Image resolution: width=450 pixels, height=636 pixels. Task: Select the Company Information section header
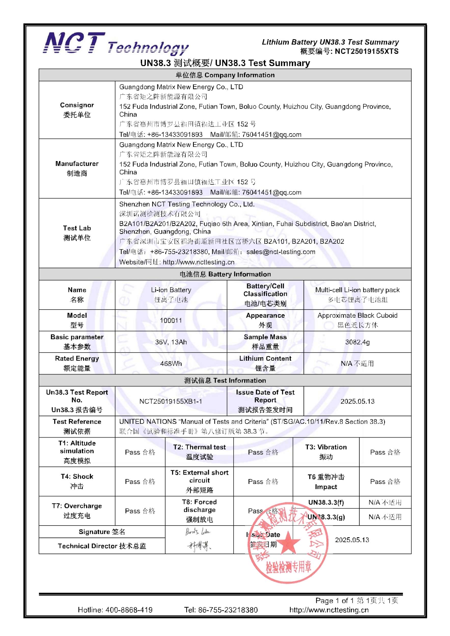[225, 75]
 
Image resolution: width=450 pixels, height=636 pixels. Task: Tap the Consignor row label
[77, 105]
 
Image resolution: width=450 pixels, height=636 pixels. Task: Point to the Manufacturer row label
[77, 164]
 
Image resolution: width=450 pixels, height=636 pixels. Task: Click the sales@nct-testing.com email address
[281, 252]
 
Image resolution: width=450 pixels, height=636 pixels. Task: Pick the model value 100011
[171, 321]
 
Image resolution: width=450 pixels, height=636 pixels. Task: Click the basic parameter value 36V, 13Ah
[171, 342]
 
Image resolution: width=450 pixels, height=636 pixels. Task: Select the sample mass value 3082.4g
[357, 342]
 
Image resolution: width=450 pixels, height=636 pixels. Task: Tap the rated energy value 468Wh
[171, 364]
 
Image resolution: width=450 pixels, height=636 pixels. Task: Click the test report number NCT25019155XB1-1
[171, 401]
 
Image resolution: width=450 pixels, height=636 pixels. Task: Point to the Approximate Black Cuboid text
[357, 315]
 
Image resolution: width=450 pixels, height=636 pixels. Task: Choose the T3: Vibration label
[326, 447]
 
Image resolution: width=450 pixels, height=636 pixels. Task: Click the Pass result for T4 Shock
[140, 482]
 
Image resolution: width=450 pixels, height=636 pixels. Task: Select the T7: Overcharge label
[77, 506]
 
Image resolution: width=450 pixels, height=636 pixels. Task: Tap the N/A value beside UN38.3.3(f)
[385, 502]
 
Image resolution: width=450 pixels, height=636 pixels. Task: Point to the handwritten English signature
[198, 532]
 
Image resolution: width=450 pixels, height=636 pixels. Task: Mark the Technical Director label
[102, 546]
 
